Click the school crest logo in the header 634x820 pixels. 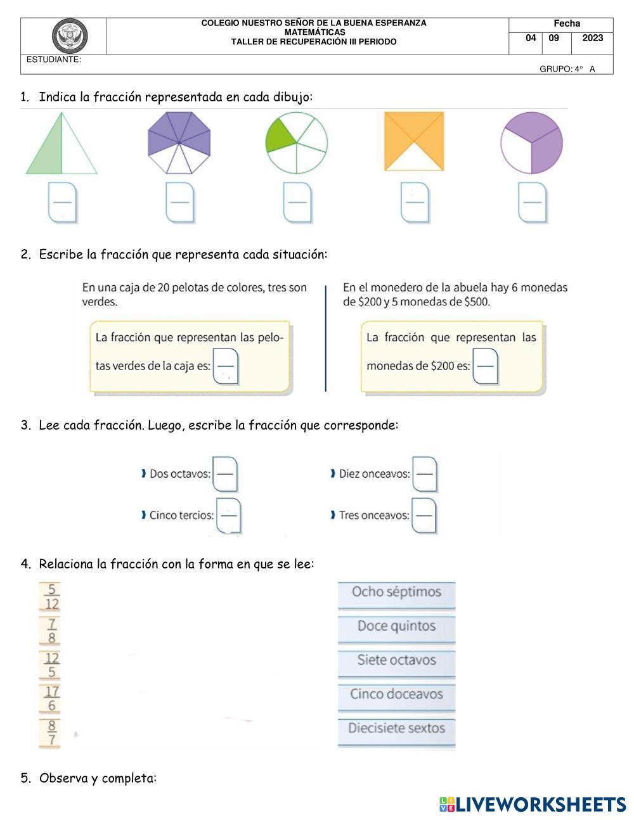(70, 36)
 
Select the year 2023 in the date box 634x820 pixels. (592, 38)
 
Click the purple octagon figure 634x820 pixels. (179, 143)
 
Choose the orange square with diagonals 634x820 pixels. (414, 141)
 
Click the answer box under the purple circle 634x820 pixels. (533, 203)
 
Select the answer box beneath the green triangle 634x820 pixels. (63, 203)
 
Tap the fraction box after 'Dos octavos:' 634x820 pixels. (225, 474)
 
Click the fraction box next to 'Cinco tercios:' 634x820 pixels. (229, 515)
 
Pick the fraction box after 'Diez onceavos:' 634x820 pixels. (425, 474)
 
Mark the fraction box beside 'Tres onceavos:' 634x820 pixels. (424, 515)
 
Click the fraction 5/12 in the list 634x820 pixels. (51, 597)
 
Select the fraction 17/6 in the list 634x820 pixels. (51, 698)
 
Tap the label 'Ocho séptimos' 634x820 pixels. (396, 592)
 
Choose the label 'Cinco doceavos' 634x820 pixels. (396, 694)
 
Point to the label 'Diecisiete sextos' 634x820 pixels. (396, 728)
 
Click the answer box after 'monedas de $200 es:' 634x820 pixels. (486, 366)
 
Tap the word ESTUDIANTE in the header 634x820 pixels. (54, 60)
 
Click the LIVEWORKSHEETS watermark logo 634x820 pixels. (533, 805)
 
